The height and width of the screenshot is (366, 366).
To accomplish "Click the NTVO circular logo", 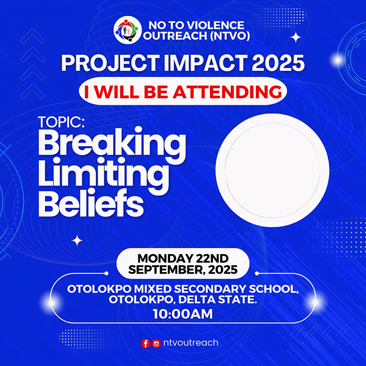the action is (x=128, y=30).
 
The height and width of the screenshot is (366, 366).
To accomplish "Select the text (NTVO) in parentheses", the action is (x=230, y=36).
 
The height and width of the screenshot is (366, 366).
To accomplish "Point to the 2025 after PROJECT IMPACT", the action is (x=278, y=63).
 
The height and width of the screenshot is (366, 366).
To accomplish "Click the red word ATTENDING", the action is (x=227, y=92).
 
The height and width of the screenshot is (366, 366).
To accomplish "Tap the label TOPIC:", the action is (x=61, y=122).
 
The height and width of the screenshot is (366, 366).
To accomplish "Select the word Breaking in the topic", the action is (x=112, y=145).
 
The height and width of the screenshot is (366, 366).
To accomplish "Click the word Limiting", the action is (x=103, y=175).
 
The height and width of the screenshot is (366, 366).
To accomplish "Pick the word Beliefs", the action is (x=91, y=203).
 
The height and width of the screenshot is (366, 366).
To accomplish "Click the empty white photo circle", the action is (x=272, y=170).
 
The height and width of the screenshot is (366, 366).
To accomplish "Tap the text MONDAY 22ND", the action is (x=183, y=258).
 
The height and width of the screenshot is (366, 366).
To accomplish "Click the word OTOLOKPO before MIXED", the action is (x=99, y=289).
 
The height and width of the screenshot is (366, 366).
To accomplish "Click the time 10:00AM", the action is (x=183, y=314).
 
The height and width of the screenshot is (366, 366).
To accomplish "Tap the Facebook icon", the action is (x=146, y=343).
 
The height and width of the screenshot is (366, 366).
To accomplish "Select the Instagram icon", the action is (x=156, y=343).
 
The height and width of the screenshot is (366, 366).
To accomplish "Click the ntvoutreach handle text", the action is (x=191, y=343).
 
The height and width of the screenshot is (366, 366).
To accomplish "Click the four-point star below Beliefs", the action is (x=77, y=241).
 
